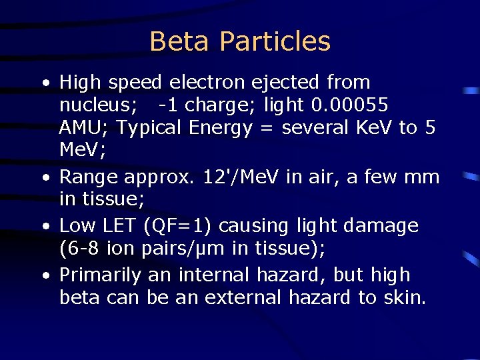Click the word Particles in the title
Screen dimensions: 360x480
(275, 41)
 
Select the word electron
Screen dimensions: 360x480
(207, 83)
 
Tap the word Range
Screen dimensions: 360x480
(89, 177)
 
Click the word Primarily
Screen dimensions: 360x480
(100, 275)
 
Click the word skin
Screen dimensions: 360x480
(404, 297)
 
